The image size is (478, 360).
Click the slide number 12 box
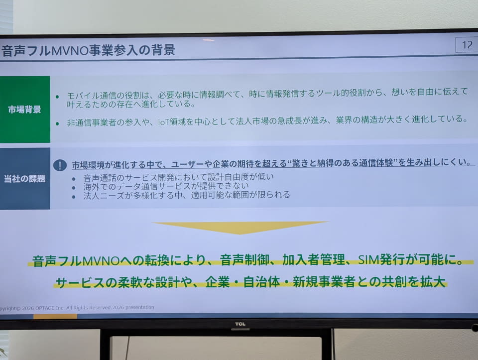point(467,45)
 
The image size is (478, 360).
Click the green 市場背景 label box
point(25,110)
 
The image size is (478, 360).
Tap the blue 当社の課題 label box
point(25,179)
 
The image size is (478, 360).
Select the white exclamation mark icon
point(60,165)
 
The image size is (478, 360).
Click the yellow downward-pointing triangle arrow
point(240,228)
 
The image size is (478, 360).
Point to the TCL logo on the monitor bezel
point(240,324)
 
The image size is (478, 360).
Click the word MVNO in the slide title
point(70,50)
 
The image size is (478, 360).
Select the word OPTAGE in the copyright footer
point(45,308)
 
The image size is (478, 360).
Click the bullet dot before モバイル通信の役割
point(57,97)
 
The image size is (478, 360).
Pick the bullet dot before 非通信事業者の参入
point(57,123)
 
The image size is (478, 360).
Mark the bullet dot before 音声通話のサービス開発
point(74,179)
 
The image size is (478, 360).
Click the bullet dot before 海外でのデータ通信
point(74,188)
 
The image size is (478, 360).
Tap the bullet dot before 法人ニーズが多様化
point(74,197)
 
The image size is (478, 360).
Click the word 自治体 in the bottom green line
point(261,282)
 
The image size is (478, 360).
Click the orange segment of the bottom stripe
point(55,316)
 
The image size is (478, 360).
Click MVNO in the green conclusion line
point(101,261)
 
